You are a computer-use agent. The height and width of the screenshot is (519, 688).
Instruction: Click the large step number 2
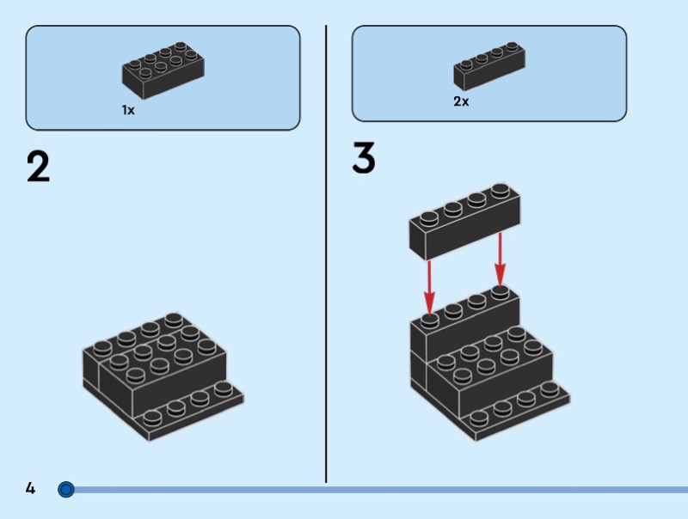[x=38, y=167]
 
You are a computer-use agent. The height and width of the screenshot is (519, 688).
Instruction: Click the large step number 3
[x=364, y=157]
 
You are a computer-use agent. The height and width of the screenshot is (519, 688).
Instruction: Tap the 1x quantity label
[x=128, y=110]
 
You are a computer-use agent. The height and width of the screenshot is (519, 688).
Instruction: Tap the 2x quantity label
[x=461, y=101]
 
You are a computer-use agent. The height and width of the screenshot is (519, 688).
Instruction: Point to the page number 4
[x=30, y=488]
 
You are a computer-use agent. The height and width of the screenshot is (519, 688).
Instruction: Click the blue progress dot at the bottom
[x=66, y=489]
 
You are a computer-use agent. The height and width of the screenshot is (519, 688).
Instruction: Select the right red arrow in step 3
[x=501, y=259]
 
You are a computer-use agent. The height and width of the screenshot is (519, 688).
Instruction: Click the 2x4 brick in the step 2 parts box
[x=163, y=70]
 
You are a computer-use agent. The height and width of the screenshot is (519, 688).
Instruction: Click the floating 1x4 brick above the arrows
[x=465, y=221]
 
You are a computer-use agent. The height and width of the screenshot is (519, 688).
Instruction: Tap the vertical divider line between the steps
[x=326, y=253]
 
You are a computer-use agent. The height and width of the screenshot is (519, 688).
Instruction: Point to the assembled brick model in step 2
[x=163, y=376]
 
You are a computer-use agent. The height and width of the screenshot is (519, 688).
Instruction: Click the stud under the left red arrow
[x=429, y=321]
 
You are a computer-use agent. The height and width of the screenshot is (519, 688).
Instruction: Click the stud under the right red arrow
[x=500, y=292]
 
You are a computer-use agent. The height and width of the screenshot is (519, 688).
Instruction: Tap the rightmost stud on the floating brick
[x=501, y=191]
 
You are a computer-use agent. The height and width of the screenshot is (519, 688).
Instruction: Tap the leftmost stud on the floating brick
[x=429, y=219]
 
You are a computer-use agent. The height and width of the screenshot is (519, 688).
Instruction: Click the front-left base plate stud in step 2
[x=152, y=418]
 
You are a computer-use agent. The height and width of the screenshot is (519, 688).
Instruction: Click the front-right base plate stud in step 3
[x=550, y=389]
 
